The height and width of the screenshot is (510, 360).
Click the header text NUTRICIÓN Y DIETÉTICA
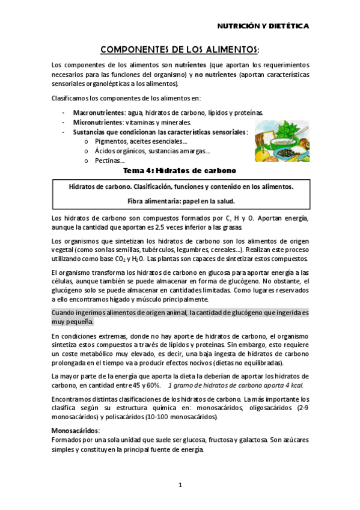click(x=263, y=26)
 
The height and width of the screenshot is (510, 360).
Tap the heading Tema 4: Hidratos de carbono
click(x=180, y=171)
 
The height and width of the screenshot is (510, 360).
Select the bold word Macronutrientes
click(x=96, y=112)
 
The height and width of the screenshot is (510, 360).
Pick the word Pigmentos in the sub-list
click(x=111, y=141)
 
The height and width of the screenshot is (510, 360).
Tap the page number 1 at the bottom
click(x=180, y=484)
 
